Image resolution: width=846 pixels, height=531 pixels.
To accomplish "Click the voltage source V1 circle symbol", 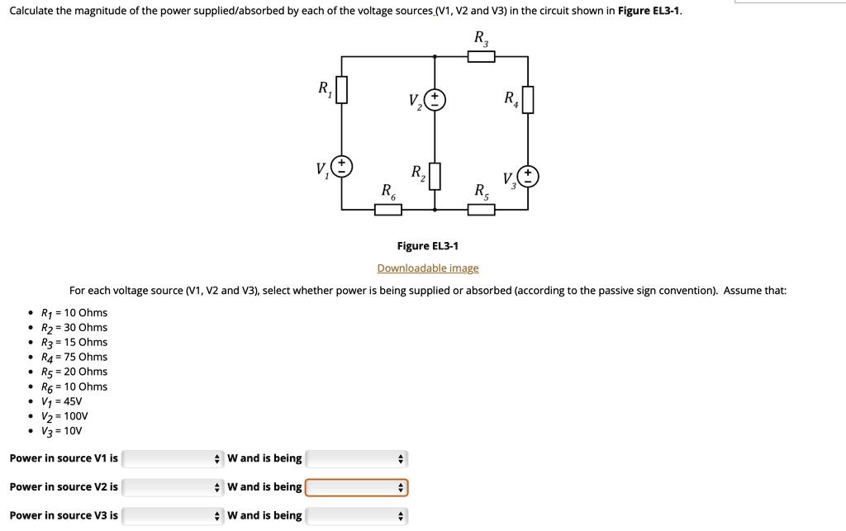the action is (x=341, y=166).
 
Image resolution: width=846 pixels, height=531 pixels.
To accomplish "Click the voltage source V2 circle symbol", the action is (x=435, y=100).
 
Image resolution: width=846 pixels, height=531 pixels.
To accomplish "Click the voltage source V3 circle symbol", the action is (x=528, y=176).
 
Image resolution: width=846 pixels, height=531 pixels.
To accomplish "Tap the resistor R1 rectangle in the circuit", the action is (x=341, y=90).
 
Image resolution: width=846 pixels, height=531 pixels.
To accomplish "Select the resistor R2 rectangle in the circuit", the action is (x=435, y=176).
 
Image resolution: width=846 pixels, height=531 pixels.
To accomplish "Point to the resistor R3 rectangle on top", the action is (x=481, y=56).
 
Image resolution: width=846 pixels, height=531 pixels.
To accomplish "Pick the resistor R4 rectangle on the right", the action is (x=528, y=100).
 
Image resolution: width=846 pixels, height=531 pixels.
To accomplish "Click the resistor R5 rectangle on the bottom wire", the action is (x=481, y=210).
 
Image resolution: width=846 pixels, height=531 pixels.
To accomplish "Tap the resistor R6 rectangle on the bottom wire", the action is (x=388, y=210).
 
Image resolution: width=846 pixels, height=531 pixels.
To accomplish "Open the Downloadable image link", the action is (x=427, y=268).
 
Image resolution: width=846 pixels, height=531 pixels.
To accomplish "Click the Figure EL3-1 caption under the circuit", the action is (x=427, y=246).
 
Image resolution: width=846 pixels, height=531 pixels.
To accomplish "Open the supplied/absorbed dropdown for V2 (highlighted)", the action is (x=356, y=487).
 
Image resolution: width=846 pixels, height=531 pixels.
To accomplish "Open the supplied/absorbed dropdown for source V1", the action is (x=356, y=458).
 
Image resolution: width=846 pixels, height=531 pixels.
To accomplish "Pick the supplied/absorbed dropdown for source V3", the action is (x=356, y=516).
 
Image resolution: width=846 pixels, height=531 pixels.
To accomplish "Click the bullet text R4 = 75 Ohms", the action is (x=74, y=357).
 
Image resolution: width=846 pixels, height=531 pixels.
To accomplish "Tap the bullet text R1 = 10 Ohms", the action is (x=74, y=313).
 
